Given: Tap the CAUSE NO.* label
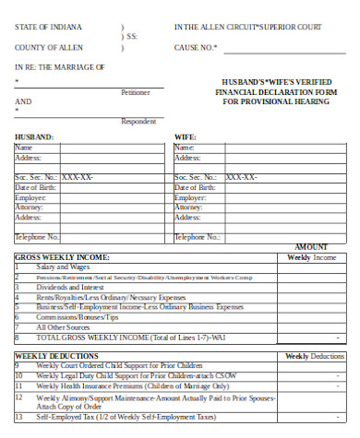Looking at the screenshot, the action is click(x=197, y=45).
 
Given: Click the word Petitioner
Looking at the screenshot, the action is click(x=136, y=92).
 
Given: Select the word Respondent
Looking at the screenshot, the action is click(x=138, y=121).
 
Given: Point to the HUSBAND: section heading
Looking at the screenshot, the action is click(x=34, y=136).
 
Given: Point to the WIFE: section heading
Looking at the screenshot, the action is click(x=186, y=136).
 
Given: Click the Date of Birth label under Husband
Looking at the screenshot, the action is click(x=34, y=187).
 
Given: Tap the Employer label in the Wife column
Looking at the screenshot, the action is click(x=190, y=197).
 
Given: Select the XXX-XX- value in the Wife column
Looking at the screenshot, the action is click(x=242, y=177).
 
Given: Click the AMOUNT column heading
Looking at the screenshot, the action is click(x=311, y=247).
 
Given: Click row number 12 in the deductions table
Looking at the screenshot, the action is click(x=18, y=397).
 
